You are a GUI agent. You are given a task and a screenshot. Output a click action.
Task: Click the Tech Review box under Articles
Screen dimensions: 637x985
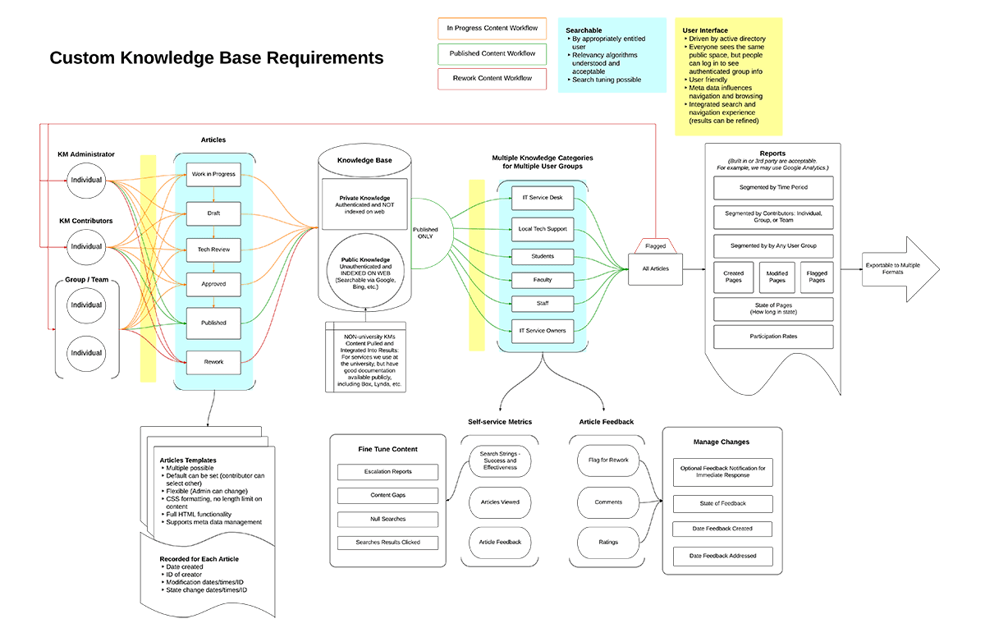(x=213, y=250)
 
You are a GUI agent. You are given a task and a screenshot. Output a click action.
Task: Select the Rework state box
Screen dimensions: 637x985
(x=213, y=362)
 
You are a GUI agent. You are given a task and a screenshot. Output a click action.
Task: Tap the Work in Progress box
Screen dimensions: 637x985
(x=213, y=174)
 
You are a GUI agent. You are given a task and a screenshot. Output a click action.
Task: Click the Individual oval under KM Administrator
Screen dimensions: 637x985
(x=86, y=180)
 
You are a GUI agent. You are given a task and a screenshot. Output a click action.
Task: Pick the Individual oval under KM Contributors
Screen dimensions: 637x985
(x=86, y=246)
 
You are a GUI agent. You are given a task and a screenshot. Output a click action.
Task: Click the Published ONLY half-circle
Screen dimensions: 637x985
(x=427, y=234)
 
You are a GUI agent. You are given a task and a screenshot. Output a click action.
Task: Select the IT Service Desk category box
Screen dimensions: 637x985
(x=543, y=198)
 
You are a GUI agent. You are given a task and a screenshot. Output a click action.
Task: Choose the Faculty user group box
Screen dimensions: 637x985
(x=543, y=280)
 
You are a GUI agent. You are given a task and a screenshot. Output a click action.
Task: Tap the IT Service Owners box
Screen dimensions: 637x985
(x=543, y=331)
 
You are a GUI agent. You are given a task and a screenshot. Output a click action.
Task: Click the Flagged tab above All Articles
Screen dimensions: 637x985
(x=656, y=245)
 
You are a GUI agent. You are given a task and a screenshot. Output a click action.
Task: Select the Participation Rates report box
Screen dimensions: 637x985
(x=773, y=337)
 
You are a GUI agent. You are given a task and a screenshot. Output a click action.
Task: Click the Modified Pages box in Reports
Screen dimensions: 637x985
(x=777, y=277)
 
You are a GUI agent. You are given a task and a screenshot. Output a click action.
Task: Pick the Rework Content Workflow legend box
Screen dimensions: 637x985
(x=492, y=79)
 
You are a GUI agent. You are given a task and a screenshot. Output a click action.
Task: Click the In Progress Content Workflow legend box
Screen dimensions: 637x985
(x=492, y=28)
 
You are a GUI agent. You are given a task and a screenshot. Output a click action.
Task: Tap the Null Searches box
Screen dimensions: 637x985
(x=388, y=519)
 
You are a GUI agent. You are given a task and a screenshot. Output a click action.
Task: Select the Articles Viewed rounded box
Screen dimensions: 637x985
(x=499, y=502)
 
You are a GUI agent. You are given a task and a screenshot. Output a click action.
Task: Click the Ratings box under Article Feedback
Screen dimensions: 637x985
(x=608, y=542)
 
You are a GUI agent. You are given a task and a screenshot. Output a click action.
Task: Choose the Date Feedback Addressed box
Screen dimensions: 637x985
(x=723, y=556)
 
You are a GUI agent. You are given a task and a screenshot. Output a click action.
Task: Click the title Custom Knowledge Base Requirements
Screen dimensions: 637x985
(x=217, y=58)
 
